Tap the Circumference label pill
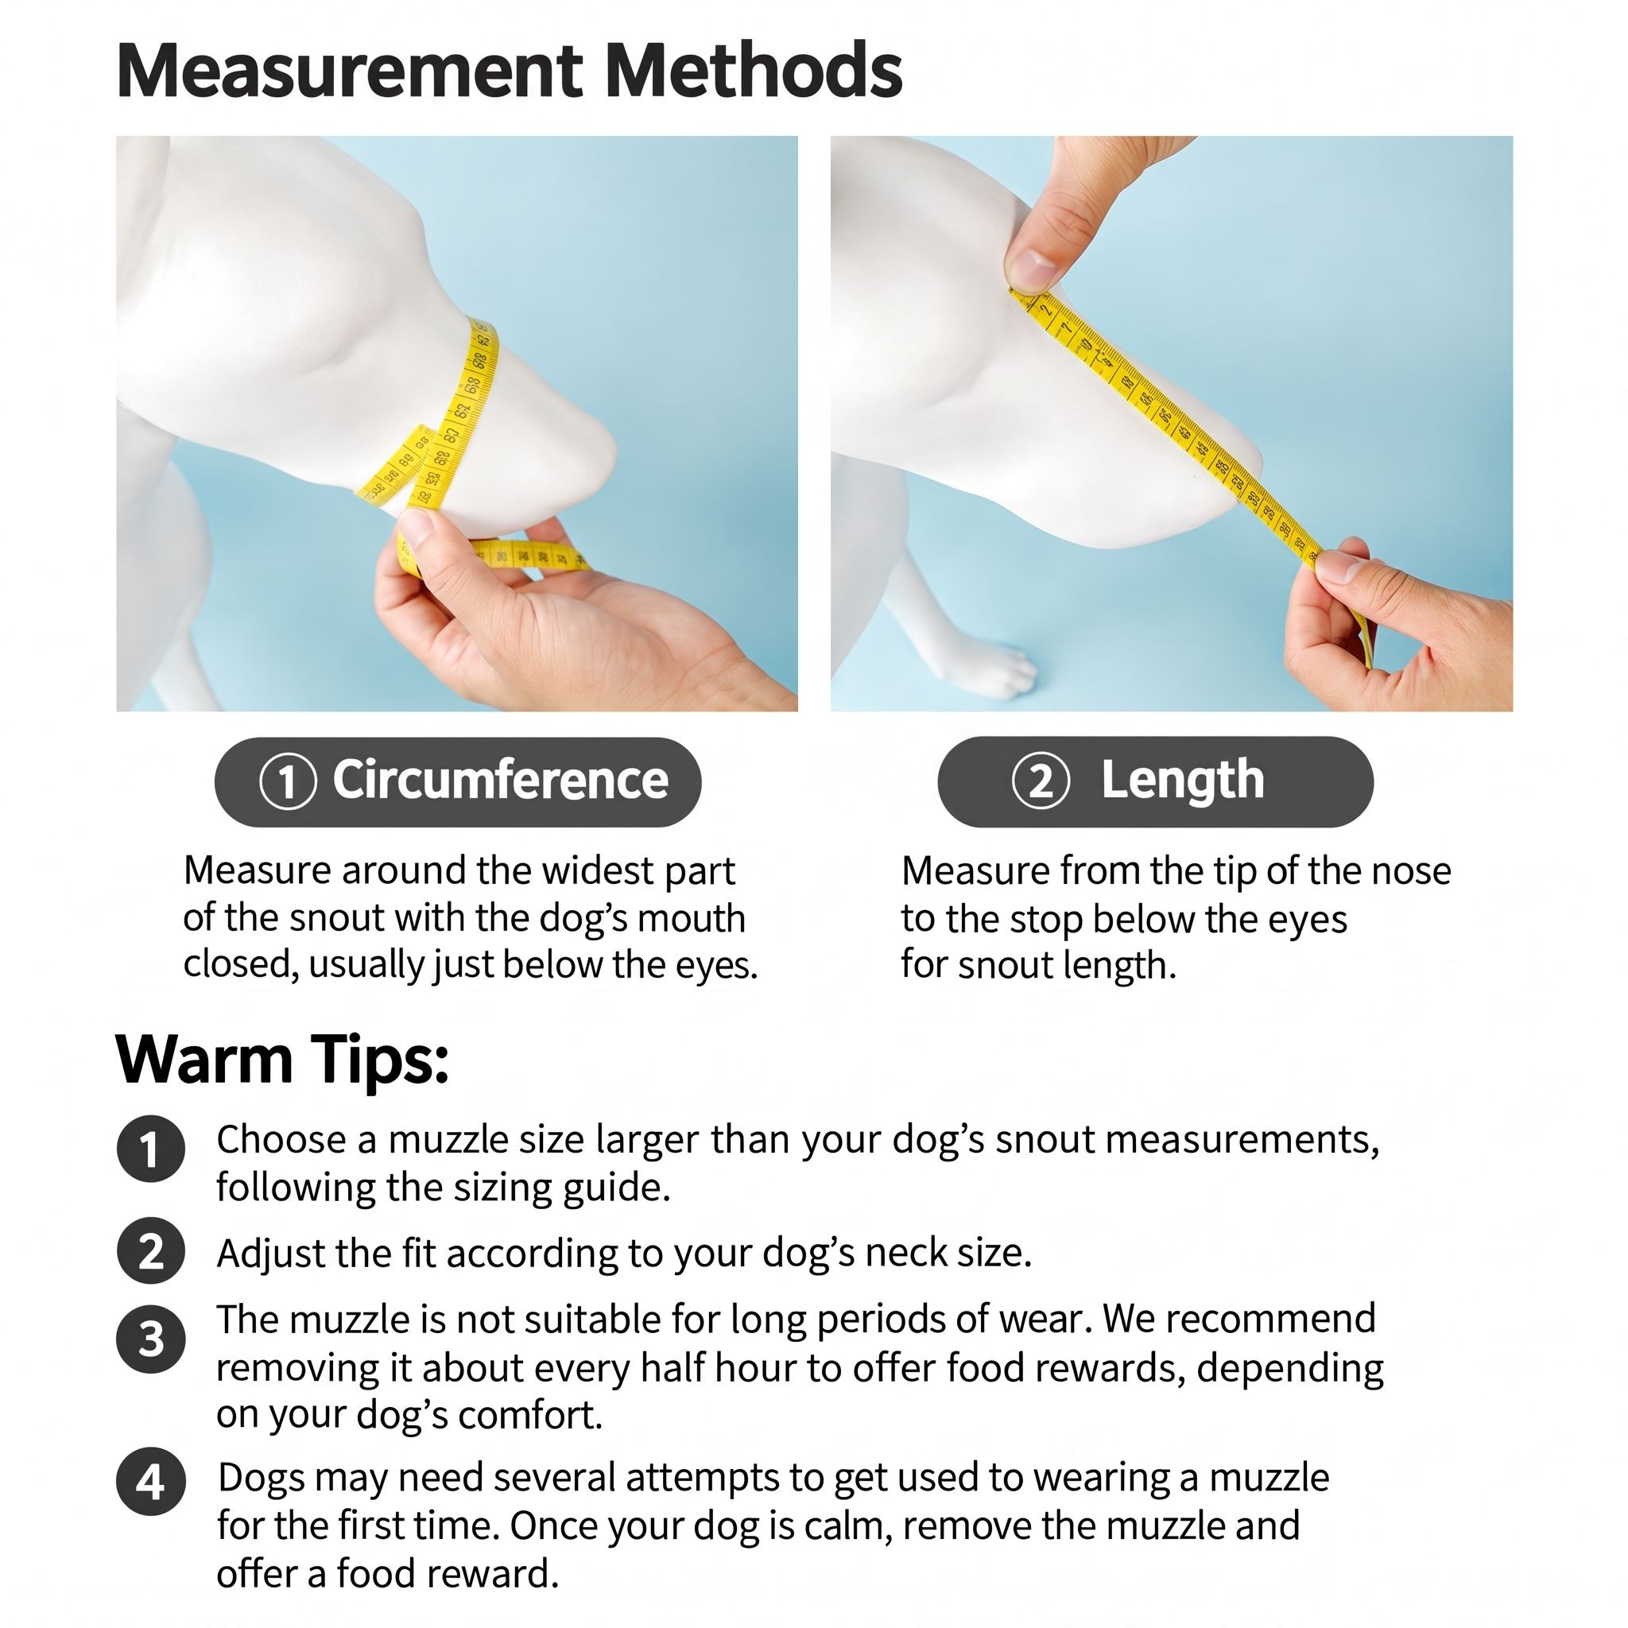tap(458, 781)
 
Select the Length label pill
tap(1155, 781)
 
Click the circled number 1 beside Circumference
tap(287, 781)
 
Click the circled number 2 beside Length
tap(1041, 781)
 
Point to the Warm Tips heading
tap(282, 1059)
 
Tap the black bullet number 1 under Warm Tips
tap(151, 1149)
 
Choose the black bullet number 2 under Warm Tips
tap(151, 1251)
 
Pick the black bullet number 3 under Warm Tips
tap(151, 1339)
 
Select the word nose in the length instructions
tap(1412, 870)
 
